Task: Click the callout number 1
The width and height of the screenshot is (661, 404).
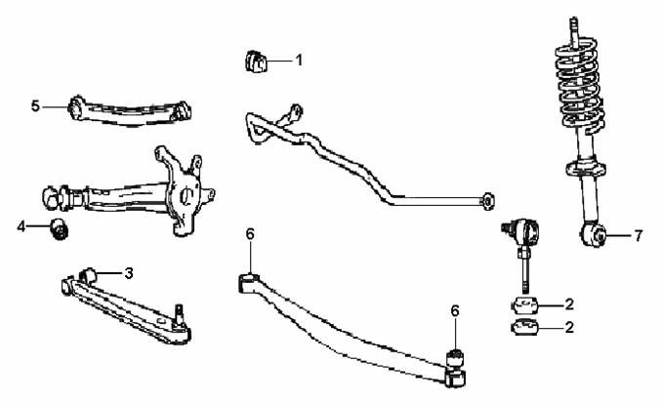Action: click(299, 61)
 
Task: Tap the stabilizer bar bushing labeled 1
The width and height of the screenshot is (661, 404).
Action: click(256, 61)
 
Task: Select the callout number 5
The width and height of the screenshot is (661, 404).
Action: click(35, 106)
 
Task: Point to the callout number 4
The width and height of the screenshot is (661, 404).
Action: click(21, 226)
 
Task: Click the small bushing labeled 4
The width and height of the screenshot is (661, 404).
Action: click(60, 228)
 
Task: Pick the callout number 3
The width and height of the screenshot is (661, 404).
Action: click(129, 273)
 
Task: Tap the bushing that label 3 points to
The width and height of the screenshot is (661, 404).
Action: click(89, 275)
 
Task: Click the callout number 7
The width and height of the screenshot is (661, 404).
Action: click(639, 235)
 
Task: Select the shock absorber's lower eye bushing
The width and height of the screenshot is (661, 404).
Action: click(593, 234)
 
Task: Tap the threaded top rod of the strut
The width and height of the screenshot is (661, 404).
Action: click(574, 30)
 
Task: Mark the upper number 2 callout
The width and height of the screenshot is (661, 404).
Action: click(569, 304)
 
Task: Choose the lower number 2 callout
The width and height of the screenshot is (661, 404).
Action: click(569, 327)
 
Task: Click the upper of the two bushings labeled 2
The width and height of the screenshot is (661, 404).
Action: click(525, 305)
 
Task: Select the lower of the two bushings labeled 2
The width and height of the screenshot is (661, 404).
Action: click(525, 328)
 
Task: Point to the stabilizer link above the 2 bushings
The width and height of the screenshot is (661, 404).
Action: click(522, 253)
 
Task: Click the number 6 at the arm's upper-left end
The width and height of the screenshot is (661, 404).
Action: click(250, 234)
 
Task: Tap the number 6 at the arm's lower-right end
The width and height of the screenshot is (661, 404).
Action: click(455, 311)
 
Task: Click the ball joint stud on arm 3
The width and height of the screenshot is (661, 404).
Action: click(180, 314)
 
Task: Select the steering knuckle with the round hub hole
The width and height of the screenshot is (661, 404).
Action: click(184, 189)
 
